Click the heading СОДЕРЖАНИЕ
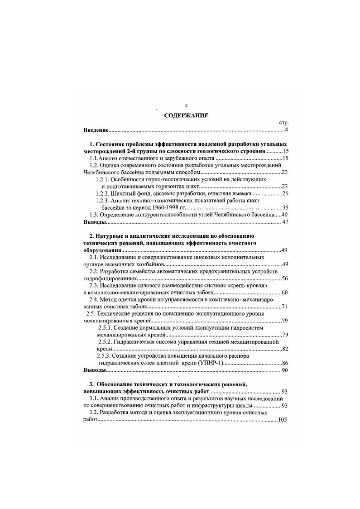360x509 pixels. click(186, 115)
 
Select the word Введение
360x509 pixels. click(96, 130)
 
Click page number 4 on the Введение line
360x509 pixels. click(287, 130)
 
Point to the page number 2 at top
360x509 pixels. click(186, 105)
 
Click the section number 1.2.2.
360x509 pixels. click(103, 193)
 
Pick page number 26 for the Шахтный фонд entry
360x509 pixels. click(285, 193)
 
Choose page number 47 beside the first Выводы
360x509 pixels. click(285, 222)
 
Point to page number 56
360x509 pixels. click(285, 278)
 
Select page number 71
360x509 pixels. click(285, 307)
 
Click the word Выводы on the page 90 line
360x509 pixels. click(95, 370)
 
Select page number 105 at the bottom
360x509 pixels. click(283, 420)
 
